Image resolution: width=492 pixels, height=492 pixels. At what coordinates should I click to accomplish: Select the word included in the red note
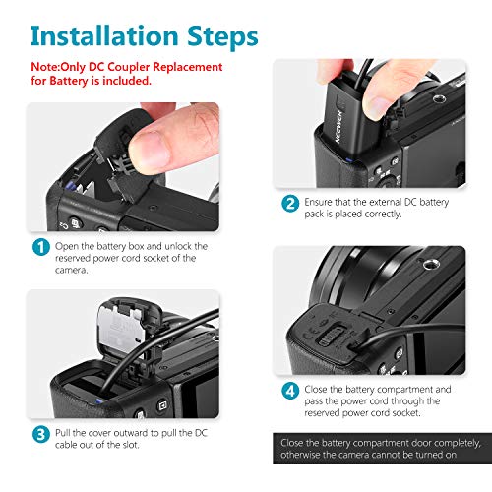(130, 81)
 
